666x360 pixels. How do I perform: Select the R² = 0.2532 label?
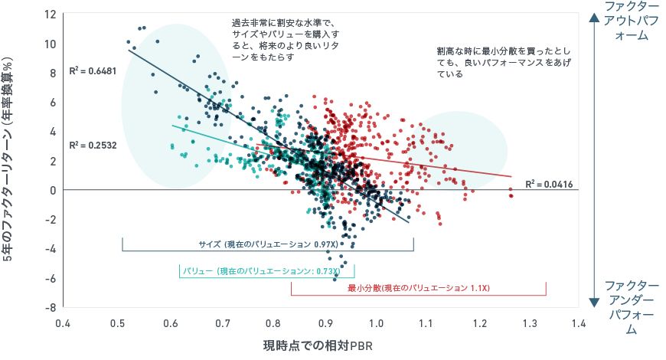[x=90, y=145]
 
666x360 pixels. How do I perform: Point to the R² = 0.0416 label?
[x=549, y=185]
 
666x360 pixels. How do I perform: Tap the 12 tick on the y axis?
[x=51, y=15]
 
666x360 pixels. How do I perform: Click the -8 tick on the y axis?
[x=51, y=308]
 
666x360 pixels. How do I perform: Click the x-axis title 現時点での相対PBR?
[x=318, y=345]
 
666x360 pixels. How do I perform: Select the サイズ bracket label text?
[x=268, y=244]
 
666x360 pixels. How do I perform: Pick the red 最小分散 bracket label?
[x=418, y=289]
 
